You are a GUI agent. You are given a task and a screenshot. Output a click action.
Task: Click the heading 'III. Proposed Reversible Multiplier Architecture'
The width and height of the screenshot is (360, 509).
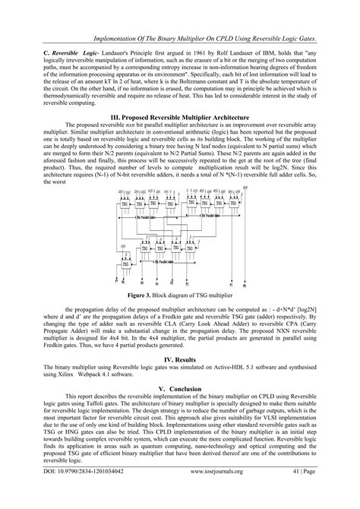click(x=179, y=119)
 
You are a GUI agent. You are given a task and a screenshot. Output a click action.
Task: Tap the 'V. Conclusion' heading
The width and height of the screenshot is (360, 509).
click(x=180, y=387)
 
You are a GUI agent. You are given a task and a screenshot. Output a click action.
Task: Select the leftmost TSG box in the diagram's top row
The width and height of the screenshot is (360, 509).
click(x=125, y=204)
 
